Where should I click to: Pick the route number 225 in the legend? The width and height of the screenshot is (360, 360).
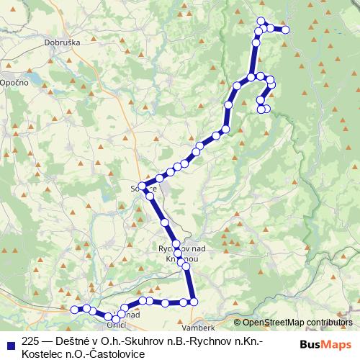[31, 342]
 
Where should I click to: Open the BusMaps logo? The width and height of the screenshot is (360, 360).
[325, 345]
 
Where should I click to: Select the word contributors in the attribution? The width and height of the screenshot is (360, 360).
[330, 323]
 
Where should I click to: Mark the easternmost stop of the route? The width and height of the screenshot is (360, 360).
[285, 30]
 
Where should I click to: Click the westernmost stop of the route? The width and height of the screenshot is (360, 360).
[74, 309]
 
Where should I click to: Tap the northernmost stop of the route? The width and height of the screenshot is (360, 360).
[261, 20]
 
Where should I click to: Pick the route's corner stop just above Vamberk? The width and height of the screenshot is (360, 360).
[193, 301]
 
